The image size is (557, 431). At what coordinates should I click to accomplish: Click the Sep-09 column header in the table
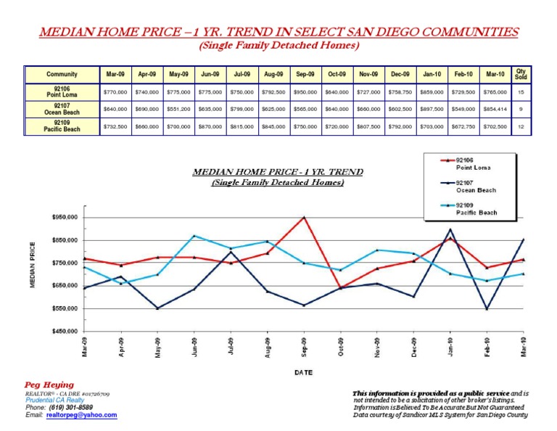click(305, 74)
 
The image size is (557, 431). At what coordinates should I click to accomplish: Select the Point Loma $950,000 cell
click(305, 92)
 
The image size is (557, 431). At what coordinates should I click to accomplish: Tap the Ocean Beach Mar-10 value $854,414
click(495, 110)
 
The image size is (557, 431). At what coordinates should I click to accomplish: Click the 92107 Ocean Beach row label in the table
click(62, 110)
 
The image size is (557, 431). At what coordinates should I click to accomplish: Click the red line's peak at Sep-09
click(305, 217)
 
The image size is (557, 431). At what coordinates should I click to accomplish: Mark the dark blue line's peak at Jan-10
click(450, 229)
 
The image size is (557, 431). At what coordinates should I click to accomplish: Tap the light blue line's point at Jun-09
click(194, 236)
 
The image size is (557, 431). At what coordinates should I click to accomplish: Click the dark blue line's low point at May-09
click(158, 308)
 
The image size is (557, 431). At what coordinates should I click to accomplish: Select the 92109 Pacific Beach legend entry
click(476, 209)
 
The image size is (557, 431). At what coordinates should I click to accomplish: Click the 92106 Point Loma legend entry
click(474, 163)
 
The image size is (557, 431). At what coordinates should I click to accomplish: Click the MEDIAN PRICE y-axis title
click(33, 264)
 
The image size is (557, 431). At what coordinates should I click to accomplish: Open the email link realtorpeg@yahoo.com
click(83, 414)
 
